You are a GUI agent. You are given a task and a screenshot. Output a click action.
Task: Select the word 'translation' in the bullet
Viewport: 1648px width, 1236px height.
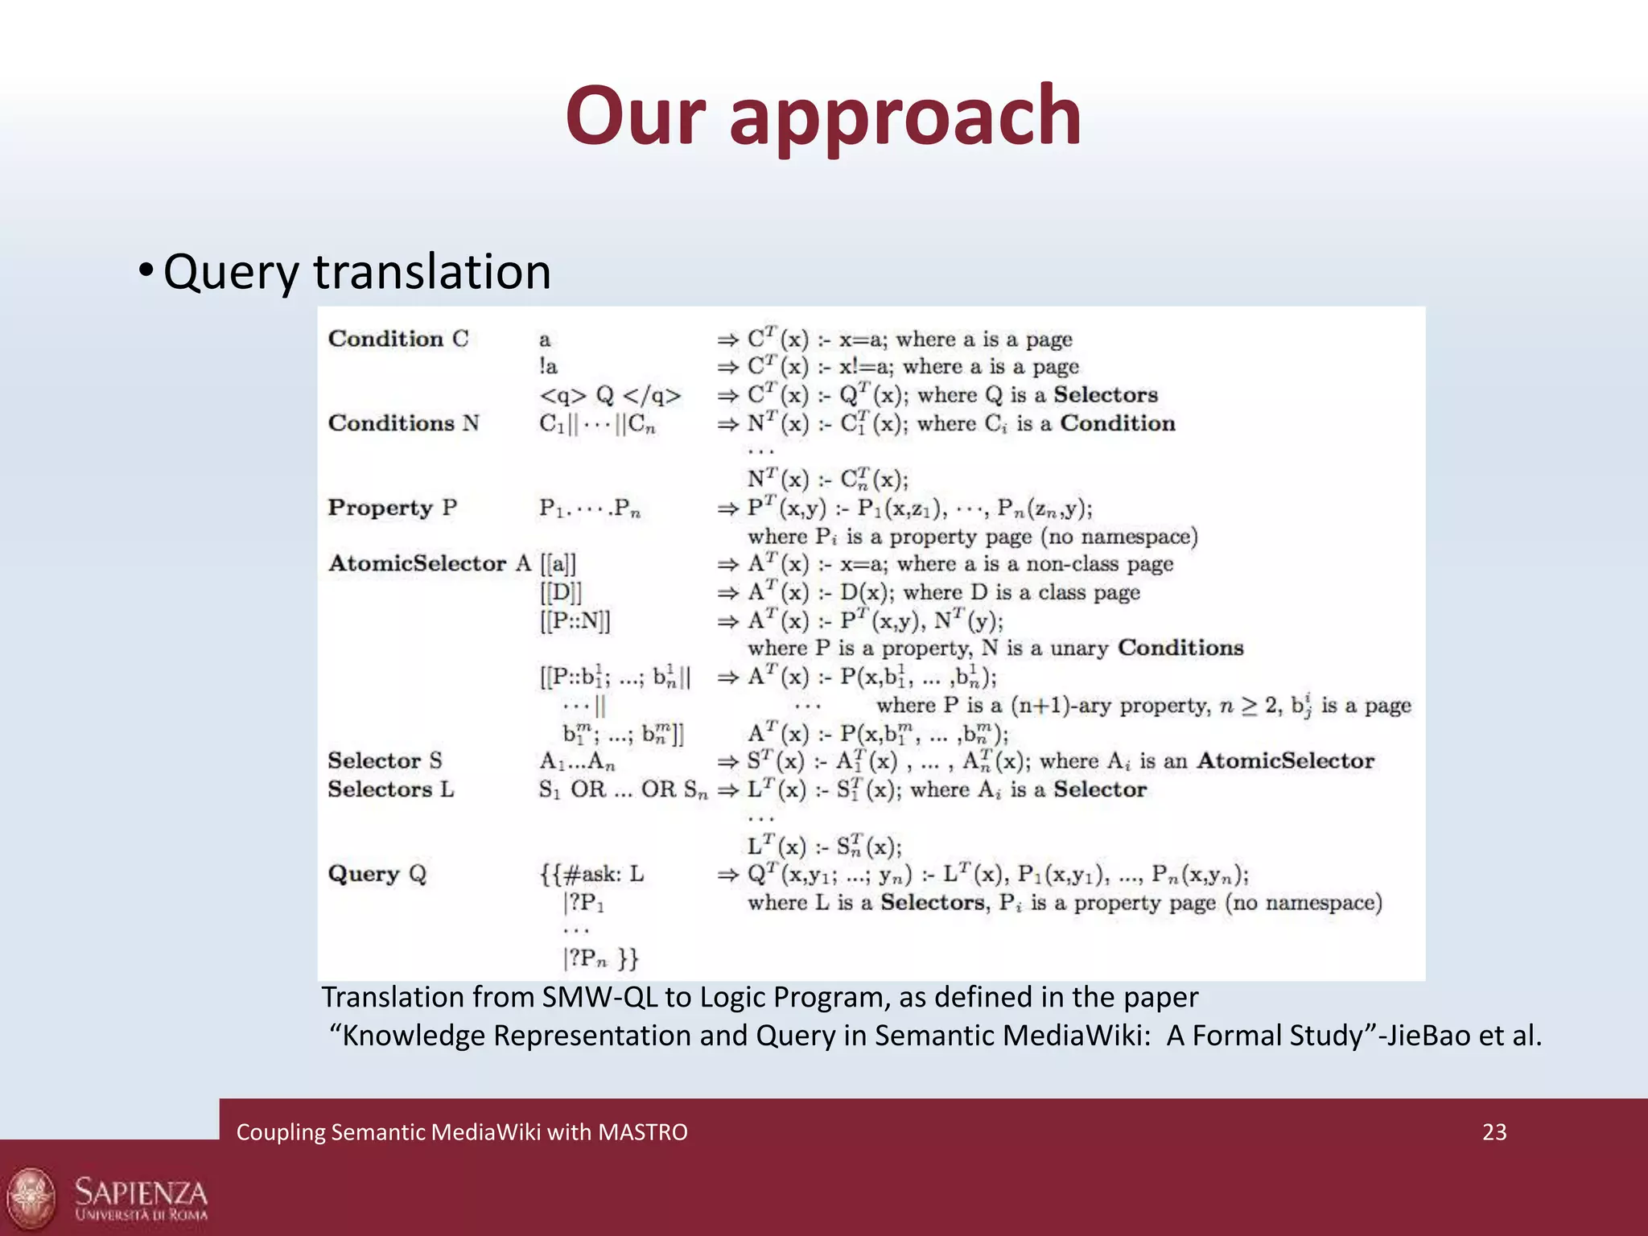pos(432,271)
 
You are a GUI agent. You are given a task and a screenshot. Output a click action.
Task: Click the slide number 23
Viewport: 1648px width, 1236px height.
pos(1494,1132)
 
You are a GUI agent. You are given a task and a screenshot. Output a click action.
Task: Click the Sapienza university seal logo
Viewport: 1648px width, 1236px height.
pos(31,1199)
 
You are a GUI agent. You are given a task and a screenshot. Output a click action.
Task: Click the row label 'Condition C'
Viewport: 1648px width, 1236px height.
pos(398,339)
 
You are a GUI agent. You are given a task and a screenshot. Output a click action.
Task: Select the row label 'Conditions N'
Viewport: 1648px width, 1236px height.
pos(403,423)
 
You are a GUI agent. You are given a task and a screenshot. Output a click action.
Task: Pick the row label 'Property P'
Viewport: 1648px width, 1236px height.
pos(392,508)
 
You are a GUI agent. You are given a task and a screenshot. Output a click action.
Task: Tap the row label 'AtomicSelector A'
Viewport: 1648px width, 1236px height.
pos(429,563)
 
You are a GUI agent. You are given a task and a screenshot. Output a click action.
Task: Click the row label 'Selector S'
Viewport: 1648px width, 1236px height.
pos(385,760)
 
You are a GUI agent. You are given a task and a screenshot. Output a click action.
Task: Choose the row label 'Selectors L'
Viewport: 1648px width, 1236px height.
pos(390,789)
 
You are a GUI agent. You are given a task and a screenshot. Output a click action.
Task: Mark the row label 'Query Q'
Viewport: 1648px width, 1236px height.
pos(377,874)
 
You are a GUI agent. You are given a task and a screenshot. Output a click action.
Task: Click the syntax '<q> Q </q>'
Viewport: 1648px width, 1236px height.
pos(610,395)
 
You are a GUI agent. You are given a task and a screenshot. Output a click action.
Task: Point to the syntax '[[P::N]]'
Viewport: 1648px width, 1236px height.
pos(575,620)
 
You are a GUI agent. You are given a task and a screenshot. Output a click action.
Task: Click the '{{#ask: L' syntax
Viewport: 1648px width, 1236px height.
pos(591,874)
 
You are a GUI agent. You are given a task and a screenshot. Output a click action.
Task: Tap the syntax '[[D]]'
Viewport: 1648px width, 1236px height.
pos(560,592)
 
